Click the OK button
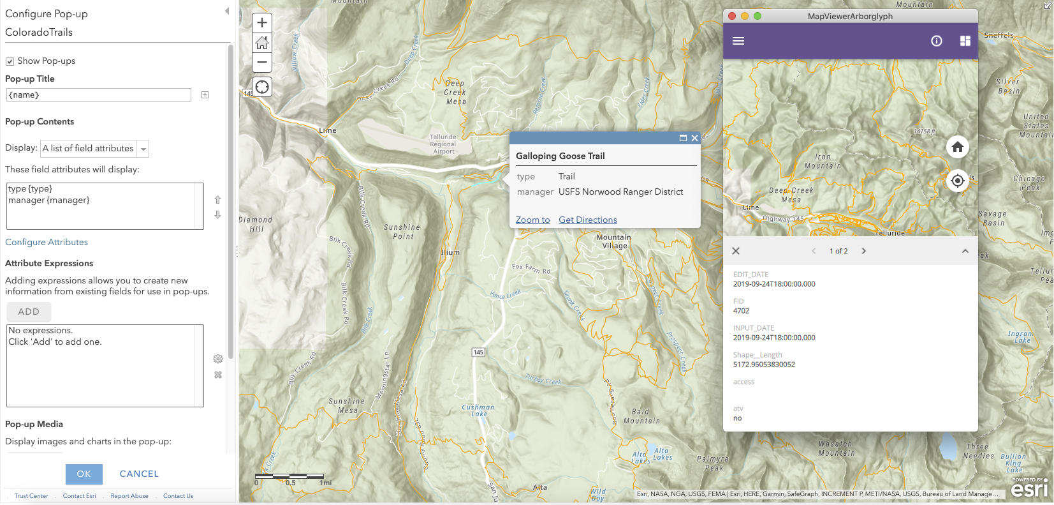coord(84,474)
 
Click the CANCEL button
coord(139,474)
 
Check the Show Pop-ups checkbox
coord(10,61)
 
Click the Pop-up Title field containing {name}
coord(98,95)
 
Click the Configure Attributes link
coord(47,242)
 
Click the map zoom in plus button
coord(262,22)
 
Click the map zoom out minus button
coord(262,63)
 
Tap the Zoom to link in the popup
coord(532,220)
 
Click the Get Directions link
coord(587,220)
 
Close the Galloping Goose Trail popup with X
coord(694,138)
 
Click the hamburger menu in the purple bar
coord(738,41)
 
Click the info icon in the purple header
coord(936,41)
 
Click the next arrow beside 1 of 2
coord(864,251)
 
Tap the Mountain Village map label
coord(613,241)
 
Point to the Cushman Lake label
coord(478,411)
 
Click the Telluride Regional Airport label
coord(443,144)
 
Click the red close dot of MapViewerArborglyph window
coord(732,16)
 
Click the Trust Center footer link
coord(31,496)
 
